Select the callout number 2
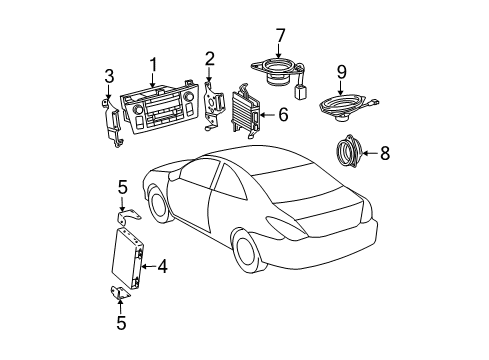tap(210, 57)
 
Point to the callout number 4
tap(161, 267)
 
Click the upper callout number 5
tap(122, 186)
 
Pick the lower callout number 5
tap(122, 322)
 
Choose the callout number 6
tap(283, 115)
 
